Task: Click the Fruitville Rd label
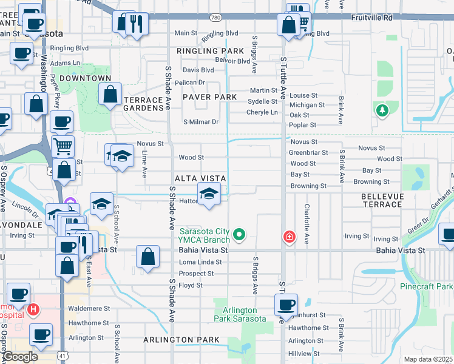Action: pyautogui.click(x=371, y=18)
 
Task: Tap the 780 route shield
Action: pyautogui.click(x=216, y=19)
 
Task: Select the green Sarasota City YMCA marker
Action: pyautogui.click(x=240, y=234)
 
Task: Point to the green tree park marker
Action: pyautogui.click(x=382, y=110)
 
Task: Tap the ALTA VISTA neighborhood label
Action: pyautogui.click(x=200, y=178)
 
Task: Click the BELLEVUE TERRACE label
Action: pyautogui.click(x=382, y=201)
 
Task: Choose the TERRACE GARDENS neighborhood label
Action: pyautogui.click(x=144, y=104)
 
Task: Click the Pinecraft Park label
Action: pyautogui.click(x=427, y=286)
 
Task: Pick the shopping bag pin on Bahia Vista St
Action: pyautogui.click(x=148, y=256)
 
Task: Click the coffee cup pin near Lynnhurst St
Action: pyautogui.click(x=286, y=305)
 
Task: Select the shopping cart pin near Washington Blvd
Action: pyautogui.click(x=63, y=146)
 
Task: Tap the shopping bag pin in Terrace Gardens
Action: pyautogui.click(x=110, y=94)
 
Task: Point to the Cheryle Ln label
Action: pyautogui.click(x=262, y=112)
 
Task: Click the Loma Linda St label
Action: pyautogui.click(x=199, y=262)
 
